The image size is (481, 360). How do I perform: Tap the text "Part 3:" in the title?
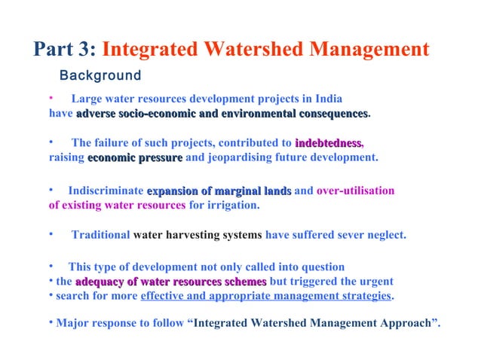coord(64,50)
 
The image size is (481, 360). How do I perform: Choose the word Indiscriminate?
coord(106,191)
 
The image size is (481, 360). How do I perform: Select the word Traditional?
coord(100,235)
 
